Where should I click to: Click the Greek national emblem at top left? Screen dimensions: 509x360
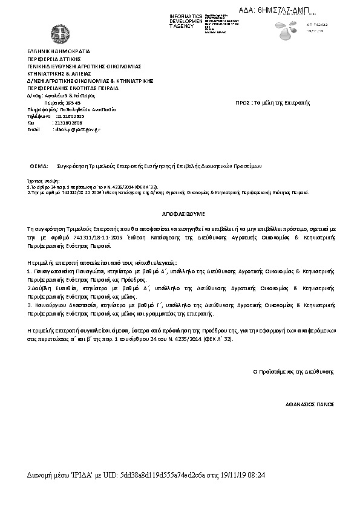point(61,31)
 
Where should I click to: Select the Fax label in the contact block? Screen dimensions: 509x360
point(31,123)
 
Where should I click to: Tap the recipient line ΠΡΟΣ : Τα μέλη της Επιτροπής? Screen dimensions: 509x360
point(272,103)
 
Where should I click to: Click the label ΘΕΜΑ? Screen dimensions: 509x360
point(39,165)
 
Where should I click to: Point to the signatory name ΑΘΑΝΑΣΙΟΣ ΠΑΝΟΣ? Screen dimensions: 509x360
point(310,403)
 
